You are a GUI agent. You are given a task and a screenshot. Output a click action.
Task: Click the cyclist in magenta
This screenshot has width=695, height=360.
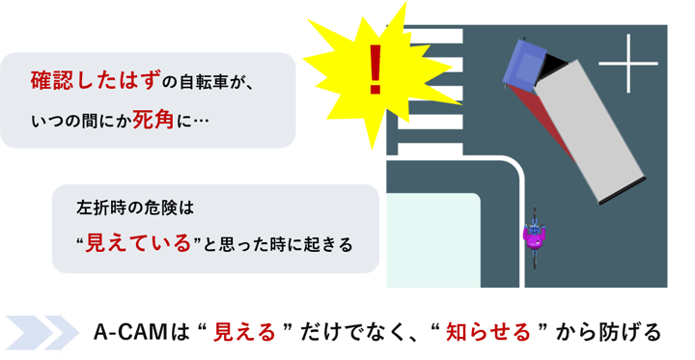(x=534, y=234)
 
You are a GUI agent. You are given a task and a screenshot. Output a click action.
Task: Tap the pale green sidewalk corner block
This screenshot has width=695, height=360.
(x=432, y=240)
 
